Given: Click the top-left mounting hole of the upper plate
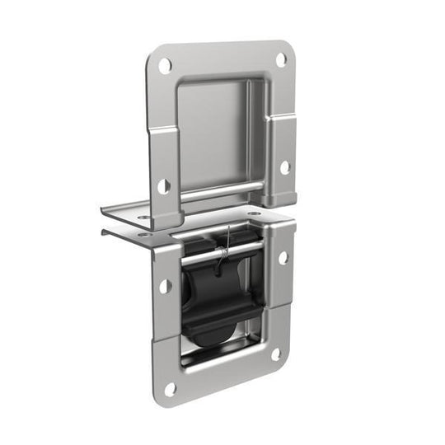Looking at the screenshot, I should (166, 64).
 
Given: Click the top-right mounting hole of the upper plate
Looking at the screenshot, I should (280, 59).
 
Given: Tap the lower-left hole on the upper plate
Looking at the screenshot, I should (164, 186).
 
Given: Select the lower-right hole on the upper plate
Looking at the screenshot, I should (284, 166).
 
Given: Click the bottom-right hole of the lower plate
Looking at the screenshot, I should (277, 354).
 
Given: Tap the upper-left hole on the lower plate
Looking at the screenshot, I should (165, 286).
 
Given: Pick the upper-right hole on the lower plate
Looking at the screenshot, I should (283, 258).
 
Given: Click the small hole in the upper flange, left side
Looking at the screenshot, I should (145, 217).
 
